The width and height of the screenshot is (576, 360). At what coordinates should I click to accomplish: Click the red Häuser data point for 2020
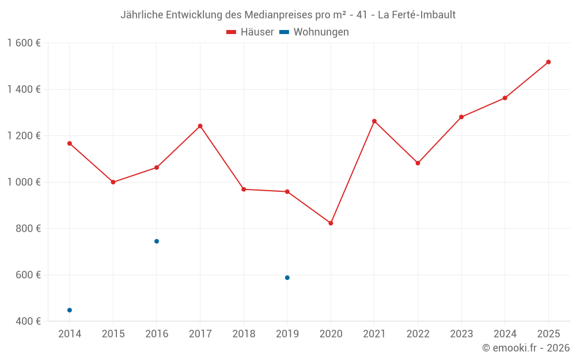(331, 223)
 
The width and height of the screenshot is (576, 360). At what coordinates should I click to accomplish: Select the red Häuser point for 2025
(548, 62)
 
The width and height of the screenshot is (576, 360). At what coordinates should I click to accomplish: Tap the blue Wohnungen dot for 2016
(157, 241)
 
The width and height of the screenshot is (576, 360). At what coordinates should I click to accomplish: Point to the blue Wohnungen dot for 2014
(70, 310)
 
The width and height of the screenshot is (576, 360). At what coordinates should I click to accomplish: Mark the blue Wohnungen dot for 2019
(287, 278)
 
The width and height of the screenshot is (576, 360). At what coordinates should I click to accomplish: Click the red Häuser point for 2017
(200, 126)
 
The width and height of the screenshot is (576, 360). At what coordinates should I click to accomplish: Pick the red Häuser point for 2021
(374, 122)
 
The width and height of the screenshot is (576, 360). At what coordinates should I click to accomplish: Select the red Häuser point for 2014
(70, 143)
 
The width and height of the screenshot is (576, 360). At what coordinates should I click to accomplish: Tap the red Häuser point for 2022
(418, 163)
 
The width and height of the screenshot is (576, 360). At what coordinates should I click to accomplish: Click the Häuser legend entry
(250, 32)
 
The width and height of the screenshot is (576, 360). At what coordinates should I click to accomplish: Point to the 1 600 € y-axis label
(24, 43)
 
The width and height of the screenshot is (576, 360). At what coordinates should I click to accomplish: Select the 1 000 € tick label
(24, 182)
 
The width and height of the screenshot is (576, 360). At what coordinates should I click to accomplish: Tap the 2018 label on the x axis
(244, 334)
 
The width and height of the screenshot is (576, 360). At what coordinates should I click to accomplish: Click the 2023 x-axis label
(461, 334)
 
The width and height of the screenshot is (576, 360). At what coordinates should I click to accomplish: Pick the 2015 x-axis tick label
(113, 334)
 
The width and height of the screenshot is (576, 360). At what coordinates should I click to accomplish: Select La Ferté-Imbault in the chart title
(416, 15)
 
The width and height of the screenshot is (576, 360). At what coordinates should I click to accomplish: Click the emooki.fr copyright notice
(526, 348)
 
